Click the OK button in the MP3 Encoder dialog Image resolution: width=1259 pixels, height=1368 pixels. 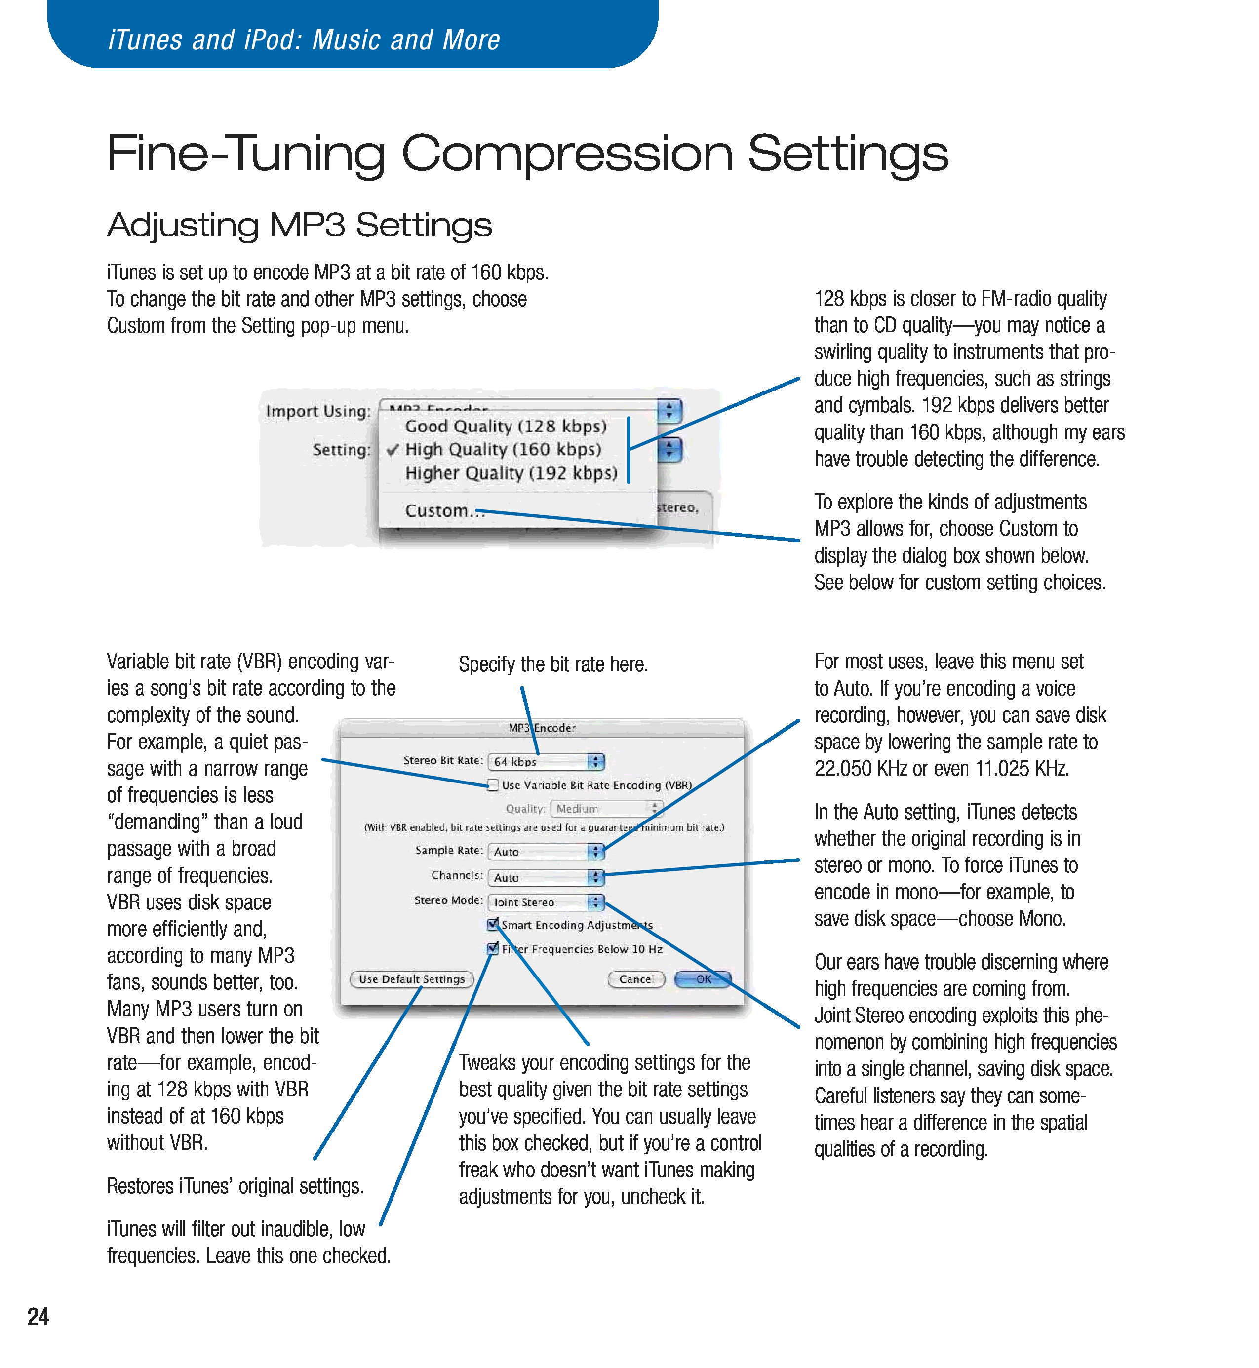click(x=703, y=979)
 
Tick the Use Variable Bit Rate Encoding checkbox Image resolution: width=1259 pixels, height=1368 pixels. click(x=493, y=785)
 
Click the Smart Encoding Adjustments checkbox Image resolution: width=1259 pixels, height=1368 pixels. click(x=493, y=925)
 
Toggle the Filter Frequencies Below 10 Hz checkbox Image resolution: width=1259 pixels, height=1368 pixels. click(x=493, y=948)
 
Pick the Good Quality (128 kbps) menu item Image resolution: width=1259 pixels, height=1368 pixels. click(x=506, y=427)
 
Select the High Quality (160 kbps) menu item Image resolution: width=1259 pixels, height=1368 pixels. click(x=503, y=450)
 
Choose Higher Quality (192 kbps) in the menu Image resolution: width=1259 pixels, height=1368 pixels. click(x=511, y=473)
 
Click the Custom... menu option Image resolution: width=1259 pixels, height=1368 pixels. click(x=444, y=510)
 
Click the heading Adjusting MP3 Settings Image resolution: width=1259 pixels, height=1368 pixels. click(x=299, y=225)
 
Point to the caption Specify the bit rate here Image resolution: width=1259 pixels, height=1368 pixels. click(x=552, y=664)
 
